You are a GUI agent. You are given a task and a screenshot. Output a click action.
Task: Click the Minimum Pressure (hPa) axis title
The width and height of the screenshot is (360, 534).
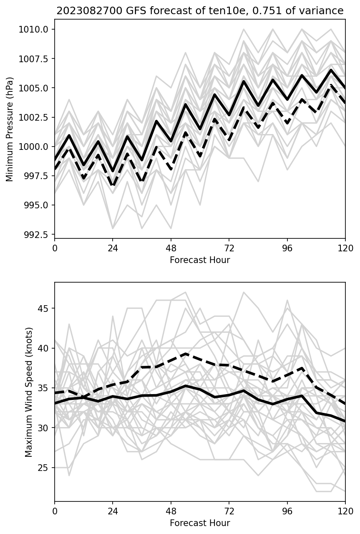point(10,129)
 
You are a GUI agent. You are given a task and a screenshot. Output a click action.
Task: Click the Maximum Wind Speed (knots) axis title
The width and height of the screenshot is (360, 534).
point(28,392)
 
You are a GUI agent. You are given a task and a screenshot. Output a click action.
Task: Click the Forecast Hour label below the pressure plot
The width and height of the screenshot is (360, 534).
point(200,260)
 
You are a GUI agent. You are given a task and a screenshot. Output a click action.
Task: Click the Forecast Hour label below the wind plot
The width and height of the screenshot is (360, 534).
point(200,523)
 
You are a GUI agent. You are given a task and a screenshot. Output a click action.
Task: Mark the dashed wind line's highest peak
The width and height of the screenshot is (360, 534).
point(186,354)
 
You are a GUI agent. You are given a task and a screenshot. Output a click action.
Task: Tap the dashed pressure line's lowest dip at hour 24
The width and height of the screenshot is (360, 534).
point(113,185)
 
